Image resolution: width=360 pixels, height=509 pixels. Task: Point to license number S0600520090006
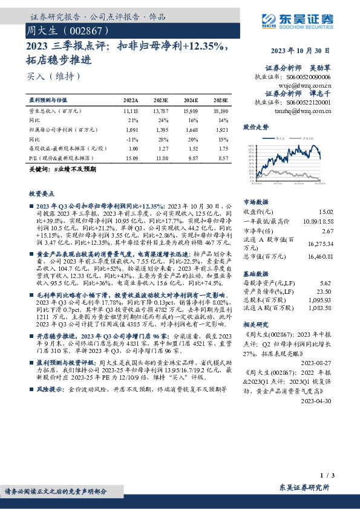[x=309, y=77]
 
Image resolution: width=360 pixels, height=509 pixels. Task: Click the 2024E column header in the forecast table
[x=191, y=100]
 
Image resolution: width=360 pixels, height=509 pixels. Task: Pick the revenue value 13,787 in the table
[x=161, y=112]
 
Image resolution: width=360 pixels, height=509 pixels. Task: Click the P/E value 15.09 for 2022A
[x=131, y=157]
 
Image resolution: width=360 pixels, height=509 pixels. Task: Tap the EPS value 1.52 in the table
[x=191, y=148]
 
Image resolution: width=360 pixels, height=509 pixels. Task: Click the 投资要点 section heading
[x=42, y=193]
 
